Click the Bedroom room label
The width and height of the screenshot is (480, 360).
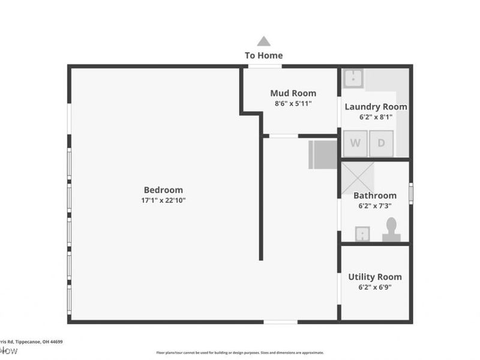163,190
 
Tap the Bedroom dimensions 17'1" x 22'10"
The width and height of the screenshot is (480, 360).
163,200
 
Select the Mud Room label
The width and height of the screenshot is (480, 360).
293,93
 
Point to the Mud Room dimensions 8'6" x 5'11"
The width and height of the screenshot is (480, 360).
293,103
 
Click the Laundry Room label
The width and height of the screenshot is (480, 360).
376,107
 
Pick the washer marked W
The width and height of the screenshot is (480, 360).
355,144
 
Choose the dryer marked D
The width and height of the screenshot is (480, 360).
381,144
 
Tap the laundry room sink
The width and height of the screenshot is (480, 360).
354,77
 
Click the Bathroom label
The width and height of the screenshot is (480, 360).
375,196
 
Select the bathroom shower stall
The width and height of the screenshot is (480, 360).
358,178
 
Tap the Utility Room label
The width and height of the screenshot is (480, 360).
375,277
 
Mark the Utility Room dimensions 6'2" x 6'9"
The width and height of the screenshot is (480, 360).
375,287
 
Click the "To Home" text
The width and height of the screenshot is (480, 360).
263,55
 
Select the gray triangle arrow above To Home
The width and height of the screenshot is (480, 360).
263,41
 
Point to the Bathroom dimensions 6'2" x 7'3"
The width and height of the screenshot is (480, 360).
375,206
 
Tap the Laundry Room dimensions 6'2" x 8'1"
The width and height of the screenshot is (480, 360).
376,117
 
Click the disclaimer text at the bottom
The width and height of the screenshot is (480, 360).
240,353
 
